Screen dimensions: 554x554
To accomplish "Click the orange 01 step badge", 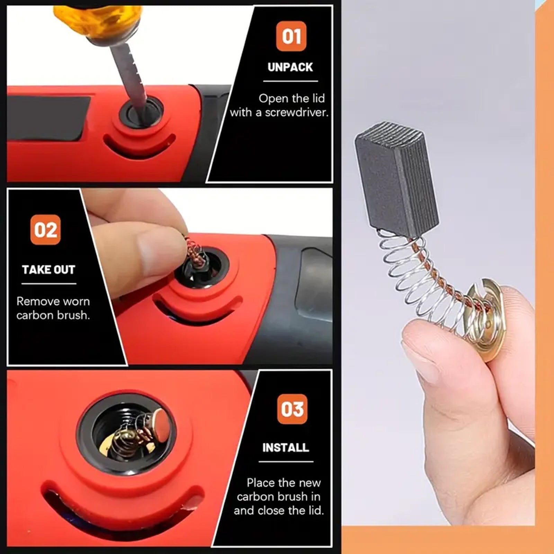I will click(x=291, y=36).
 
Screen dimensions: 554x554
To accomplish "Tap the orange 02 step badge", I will click(x=45, y=230).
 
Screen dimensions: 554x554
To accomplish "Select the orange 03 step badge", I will click(x=292, y=409).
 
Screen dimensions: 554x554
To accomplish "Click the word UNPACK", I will click(x=290, y=67).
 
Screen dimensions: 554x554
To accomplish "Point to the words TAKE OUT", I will click(x=48, y=270).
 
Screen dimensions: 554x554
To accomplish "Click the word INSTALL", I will click(x=285, y=448).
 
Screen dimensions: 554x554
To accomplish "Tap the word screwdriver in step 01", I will click(x=296, y=113).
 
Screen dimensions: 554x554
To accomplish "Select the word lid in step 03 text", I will click(x=315, y=510).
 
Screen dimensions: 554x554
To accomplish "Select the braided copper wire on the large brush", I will click(x=436, y=277).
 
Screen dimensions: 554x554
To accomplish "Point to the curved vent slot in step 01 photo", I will click(x=138, y=147).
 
